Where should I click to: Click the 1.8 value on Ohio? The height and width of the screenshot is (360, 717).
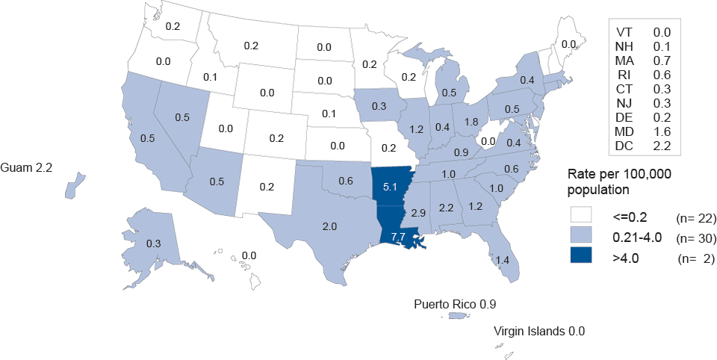point(471,121)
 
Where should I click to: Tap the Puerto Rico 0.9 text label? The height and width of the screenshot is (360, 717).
point(456,304)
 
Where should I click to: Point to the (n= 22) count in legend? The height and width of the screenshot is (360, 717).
point(696,219)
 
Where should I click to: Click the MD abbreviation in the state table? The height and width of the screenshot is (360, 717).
point(625,131)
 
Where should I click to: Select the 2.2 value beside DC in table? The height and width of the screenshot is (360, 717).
point(661,146)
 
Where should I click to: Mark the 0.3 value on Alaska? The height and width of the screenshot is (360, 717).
point(153,243)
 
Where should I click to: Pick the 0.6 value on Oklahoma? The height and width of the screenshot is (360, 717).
point(345,180)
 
